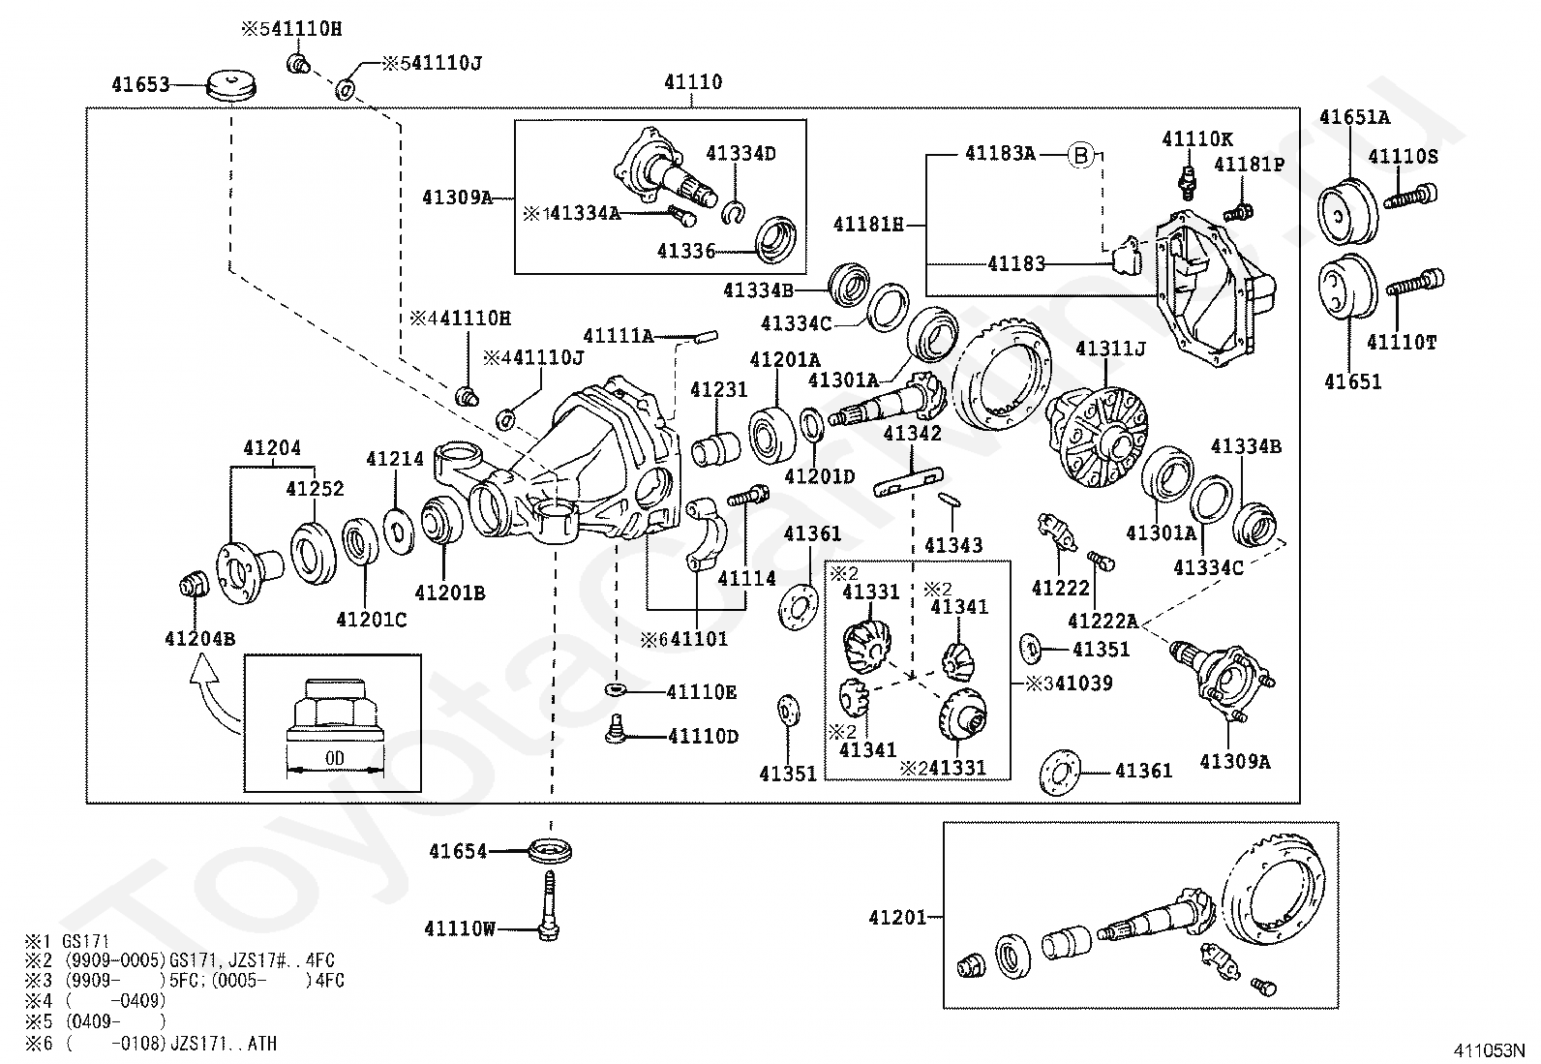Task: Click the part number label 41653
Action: pos(140,84)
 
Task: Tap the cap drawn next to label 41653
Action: pos(231,86)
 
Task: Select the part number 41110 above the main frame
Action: pos(693,82)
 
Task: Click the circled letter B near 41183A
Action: pos(1081,155)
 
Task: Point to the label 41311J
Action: pos(1110,349)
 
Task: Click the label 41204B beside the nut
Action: pos(200,639)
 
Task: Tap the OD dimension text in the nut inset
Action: pos(334,758)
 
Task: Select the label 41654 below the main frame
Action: pos(458,851)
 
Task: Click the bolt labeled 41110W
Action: pos(549,905)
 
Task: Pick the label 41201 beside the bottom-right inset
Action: pos(897,918)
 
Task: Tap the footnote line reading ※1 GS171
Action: pos(68,941)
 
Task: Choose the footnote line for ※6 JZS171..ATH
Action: pos(151,1044)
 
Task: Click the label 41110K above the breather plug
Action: pos(1197,139)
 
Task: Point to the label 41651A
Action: pos(1354,117)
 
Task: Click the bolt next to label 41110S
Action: pos(1410,197)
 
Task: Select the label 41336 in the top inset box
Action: pos(686,251)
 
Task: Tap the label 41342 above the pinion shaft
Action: pos(912,433)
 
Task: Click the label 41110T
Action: pos(1402,342)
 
